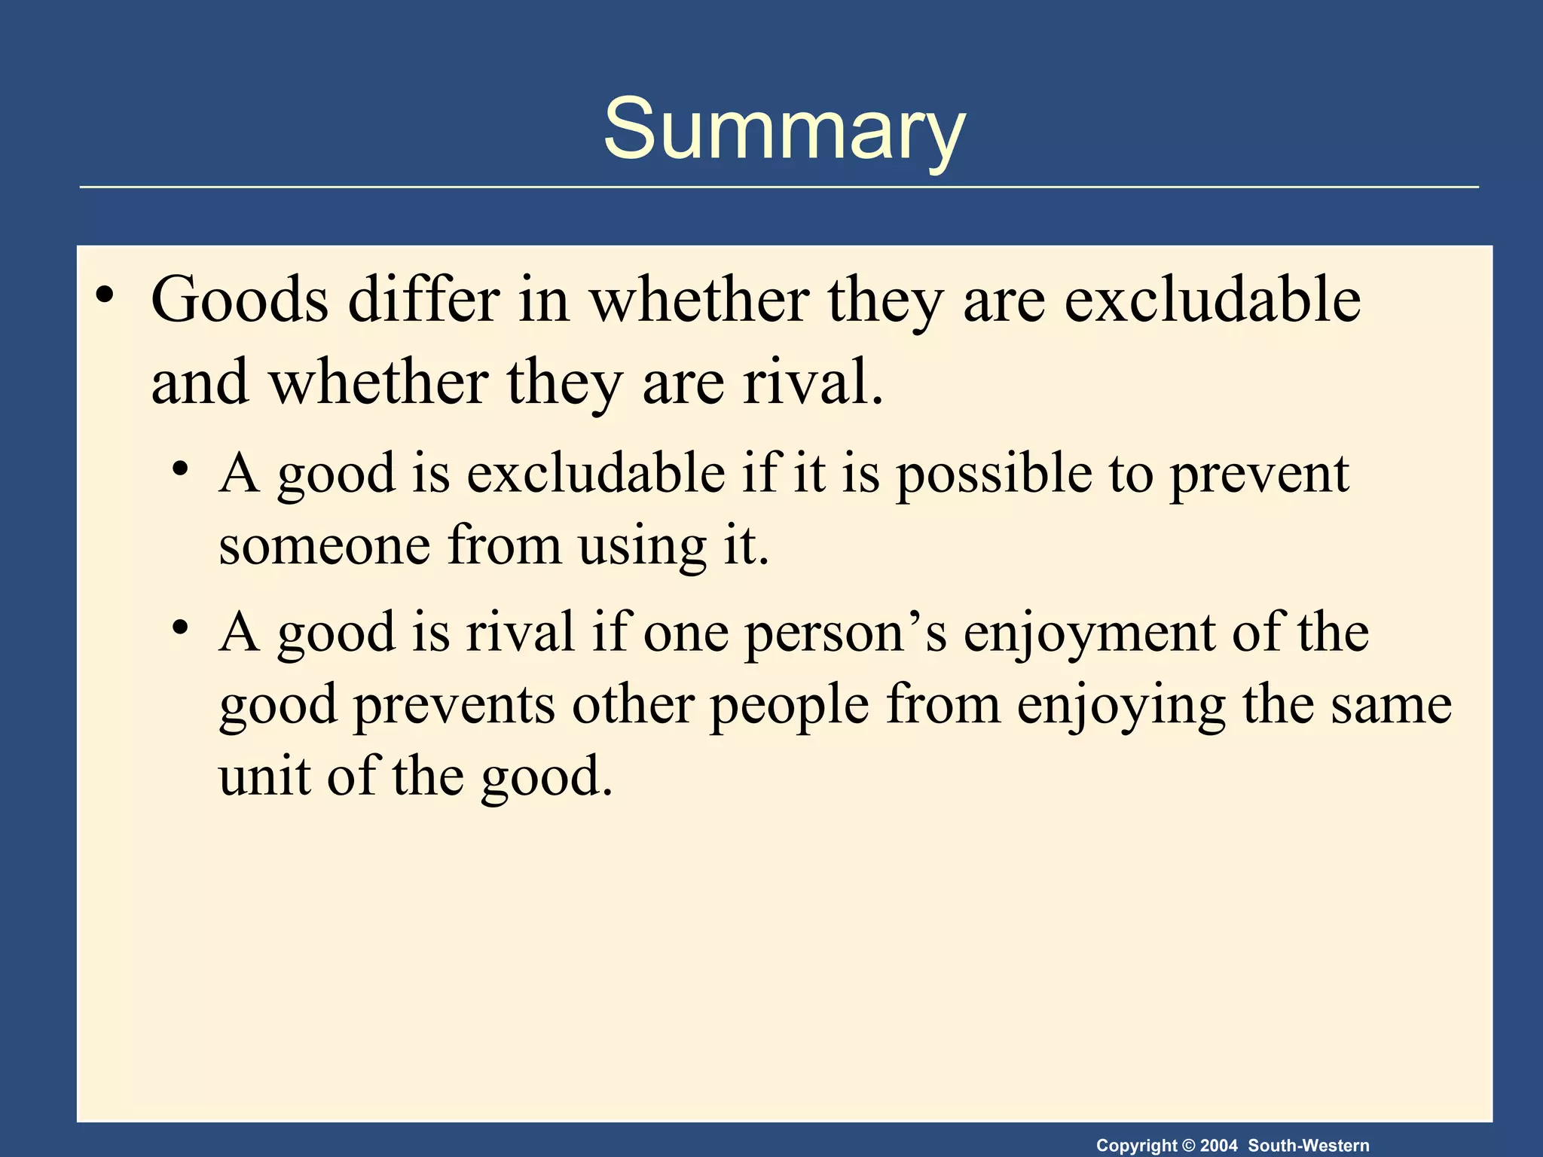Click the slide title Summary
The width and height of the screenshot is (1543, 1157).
tap(784, 130)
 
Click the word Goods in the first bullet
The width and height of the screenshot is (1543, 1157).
tap(240, 300)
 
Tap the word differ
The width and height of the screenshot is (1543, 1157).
tap(423, 300)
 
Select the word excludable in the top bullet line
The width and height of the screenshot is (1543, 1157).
tap(1212, 300)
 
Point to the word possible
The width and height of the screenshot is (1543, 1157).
tap(994, 475)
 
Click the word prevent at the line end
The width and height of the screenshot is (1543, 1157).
tap(1259, 475)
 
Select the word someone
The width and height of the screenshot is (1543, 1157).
tap(324, 545)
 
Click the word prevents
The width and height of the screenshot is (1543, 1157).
tap(454, 705)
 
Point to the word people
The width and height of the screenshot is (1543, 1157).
tap(790, 705)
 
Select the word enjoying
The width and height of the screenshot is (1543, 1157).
tap(1121, 705)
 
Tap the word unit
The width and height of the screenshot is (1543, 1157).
tap(264, 776)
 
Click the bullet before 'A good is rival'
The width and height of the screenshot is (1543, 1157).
tap(179, 627)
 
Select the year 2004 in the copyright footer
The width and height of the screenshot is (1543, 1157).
tap(1218, 1146)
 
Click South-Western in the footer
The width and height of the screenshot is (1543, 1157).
tap(1309, 1146)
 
